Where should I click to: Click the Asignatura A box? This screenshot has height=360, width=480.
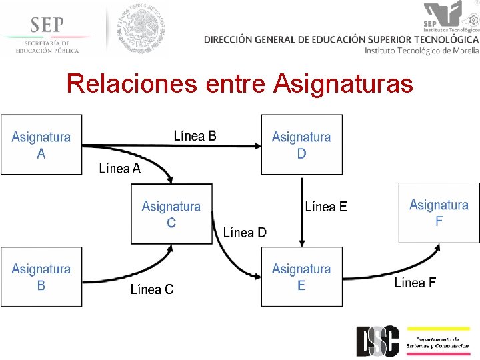pyautogui.click(x=41, y=145)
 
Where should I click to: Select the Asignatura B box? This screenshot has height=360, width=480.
pyautogui.click(x=41, y=277)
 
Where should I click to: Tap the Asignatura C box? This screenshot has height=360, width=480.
pyautogui.click(x=171, y=214)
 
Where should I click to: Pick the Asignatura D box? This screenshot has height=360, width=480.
pyautogui.click(x=301, y=145)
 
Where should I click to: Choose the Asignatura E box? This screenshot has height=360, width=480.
pyautogui.click(x=301, y=277)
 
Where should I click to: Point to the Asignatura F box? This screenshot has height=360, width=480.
pyautogui.click(x=439, y=213)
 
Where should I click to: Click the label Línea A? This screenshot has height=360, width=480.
pyautogui.click(x=120, y=169)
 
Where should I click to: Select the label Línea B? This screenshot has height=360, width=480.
pyautogui.click(x=195, y=136)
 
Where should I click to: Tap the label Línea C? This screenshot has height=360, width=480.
pyautogui.click(x=152, y=289)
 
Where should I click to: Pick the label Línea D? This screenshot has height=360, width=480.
pyautogui.click(x=245, y=233)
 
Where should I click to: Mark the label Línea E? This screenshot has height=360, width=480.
pyautogui.click(x=326, y=207)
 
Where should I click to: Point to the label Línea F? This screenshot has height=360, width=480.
pyautogui.click(x=415, y=283)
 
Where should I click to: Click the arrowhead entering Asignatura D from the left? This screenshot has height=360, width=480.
pyautogui.click(x=257, y=145)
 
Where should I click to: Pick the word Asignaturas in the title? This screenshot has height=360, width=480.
pyautogui.click(x=343, y=85)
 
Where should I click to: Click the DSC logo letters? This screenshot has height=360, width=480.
pyautogui.click(x=377, y=340)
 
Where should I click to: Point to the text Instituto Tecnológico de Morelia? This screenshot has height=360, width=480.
pyautogui.click(x=421, y=51)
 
